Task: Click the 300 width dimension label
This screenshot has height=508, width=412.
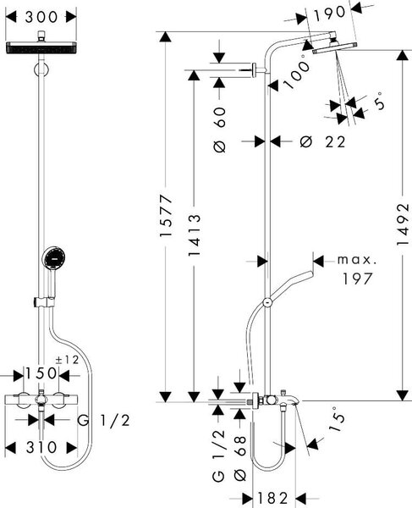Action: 41,17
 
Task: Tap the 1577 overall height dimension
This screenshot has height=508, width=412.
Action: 167,215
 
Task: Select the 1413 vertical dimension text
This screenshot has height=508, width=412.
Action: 195,235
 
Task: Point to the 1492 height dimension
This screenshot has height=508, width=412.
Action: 403,224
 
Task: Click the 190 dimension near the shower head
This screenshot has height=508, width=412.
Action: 330,14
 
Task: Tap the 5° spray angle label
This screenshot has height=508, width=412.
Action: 380,101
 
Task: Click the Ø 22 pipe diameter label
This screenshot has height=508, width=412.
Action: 322,142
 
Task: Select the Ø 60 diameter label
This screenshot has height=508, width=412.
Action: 220,130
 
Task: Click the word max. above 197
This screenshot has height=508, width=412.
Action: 357,260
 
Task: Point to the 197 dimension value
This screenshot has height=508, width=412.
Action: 358,279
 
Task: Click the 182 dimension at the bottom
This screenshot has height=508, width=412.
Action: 272,498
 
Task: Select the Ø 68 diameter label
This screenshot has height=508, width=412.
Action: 240,458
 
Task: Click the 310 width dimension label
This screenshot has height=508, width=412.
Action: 41,447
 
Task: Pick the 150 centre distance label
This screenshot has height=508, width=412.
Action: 41,373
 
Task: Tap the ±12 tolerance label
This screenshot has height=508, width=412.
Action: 67,360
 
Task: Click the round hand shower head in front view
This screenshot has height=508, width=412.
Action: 53,258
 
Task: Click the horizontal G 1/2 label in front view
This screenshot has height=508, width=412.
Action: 103,421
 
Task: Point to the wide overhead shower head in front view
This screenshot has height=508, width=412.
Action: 41,47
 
